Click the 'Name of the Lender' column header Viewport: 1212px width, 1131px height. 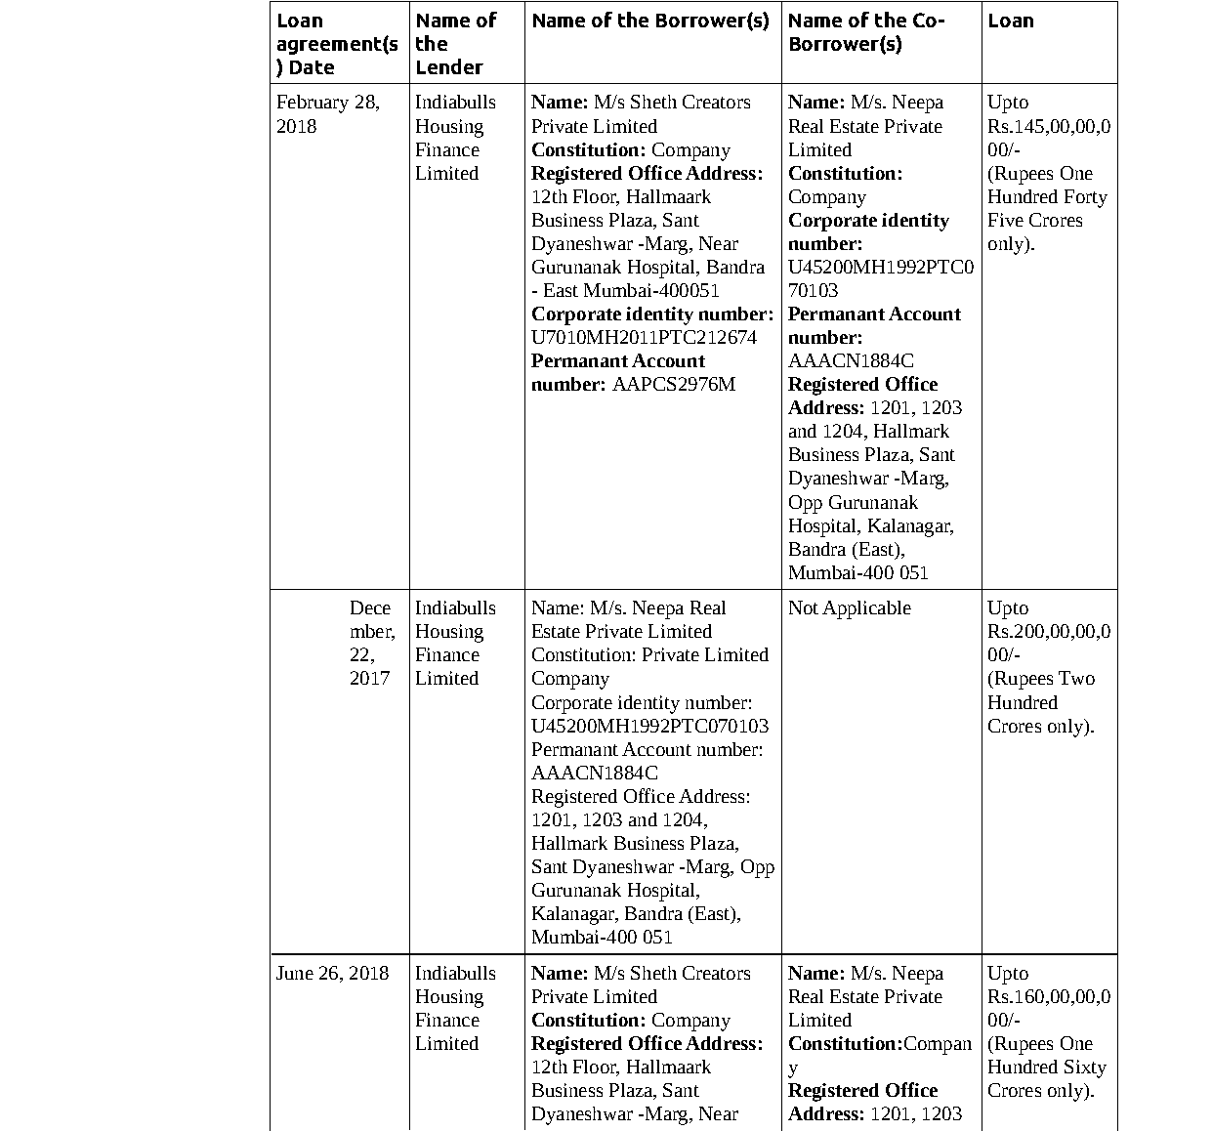[x=455, y=44]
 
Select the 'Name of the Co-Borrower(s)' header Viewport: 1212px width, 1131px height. [x=865, y=32]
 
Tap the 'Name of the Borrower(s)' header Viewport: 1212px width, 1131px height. [x=650, y=21]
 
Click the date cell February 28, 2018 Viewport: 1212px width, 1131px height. [x=327, y=114]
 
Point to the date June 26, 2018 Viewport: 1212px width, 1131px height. [x=332, y=973]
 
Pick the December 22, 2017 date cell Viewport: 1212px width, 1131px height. [x=370, y=643]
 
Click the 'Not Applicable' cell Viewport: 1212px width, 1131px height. [x=849, y=607]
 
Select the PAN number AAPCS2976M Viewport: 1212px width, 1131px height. [x=673, y=384]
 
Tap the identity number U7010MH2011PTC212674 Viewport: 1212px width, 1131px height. [x=644, y=337]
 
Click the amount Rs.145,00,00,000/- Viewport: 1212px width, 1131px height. [x=1048, y=138]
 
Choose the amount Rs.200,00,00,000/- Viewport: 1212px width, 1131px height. [x=1048, y=644]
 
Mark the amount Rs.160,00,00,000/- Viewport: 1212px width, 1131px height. [x=1048, y=1008]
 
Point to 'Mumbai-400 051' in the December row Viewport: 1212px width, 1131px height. [x=602, y=937]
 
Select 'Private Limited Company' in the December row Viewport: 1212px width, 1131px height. [x=649, y=666]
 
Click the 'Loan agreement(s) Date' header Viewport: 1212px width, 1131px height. [x=337, y=44]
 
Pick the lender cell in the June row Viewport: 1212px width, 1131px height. [x=455, y=1008]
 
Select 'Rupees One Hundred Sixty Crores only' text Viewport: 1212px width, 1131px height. [x=1046, y=1067]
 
